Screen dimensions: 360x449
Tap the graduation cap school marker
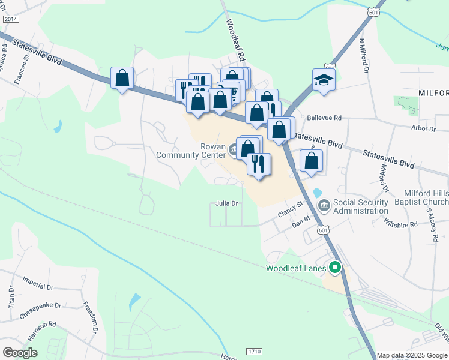point(323,80)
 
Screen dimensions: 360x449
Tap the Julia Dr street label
point(228,203)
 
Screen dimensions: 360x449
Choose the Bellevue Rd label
point(324,118)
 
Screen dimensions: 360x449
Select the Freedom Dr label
point(90,317)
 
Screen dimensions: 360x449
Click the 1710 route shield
point(255,350)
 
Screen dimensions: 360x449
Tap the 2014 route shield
point(11,19)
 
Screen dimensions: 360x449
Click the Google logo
point(20,352)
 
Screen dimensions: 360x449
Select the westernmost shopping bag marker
point(122,78)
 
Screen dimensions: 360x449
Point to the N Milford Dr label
point(364,56)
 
